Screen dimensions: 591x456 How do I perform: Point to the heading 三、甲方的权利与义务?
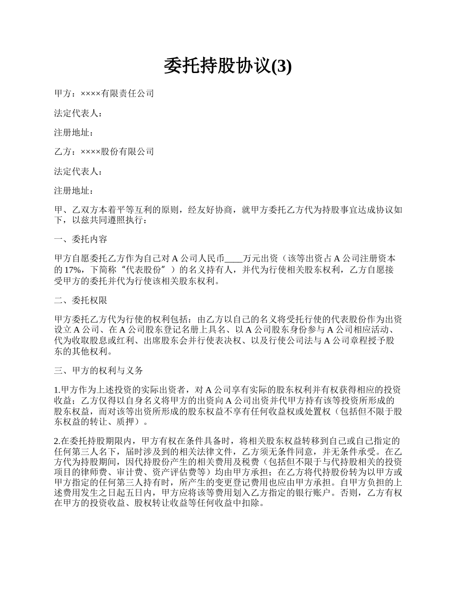[98, 370]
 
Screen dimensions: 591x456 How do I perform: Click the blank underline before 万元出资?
[235, 259]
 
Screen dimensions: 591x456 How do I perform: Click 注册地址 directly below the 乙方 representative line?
[72, 190]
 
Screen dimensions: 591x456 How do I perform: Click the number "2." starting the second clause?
[57, 440]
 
